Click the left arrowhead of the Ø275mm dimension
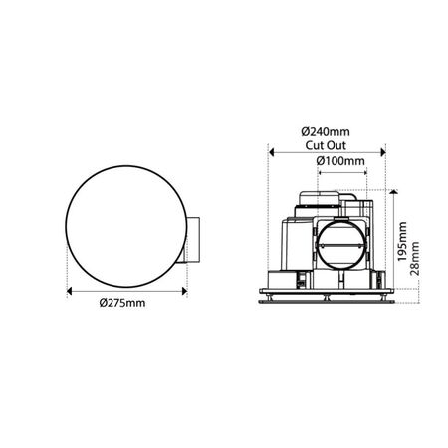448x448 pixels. pos(69,292)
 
